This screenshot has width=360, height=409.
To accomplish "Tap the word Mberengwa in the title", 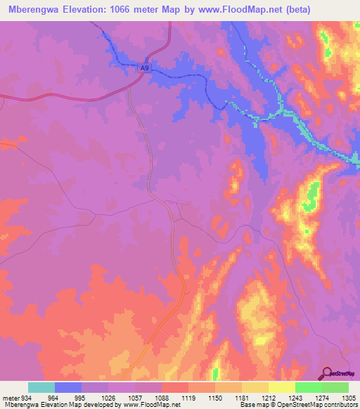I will pyautogui.click(x=36, y=10).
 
